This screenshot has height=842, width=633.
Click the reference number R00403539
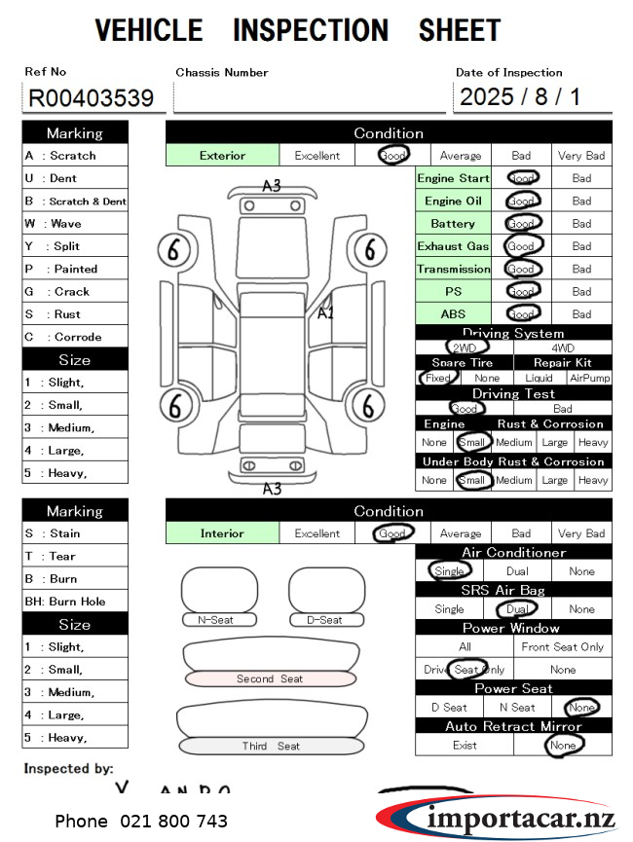pos(92,98)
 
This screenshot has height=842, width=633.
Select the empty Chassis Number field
pos(309,98)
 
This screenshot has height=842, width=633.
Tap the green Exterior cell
pos(223,156)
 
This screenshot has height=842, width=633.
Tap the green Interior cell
pos(222,533)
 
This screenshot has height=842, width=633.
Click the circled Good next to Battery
pos(521,224)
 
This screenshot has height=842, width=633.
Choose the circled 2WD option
pos(465,348)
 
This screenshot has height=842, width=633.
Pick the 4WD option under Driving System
pos(563,348)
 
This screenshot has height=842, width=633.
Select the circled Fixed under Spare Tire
pos(438,378)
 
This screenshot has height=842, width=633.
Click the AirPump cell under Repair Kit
pos(589,378)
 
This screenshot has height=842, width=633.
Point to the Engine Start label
pos(453,179)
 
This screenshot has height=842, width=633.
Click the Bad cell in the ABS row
pos(581,314)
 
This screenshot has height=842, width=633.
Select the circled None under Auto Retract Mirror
pos(563,745)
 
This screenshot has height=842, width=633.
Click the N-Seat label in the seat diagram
pos(216,620)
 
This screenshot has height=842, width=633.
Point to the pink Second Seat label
pos(269,678)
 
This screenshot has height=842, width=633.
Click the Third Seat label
pos(271,747)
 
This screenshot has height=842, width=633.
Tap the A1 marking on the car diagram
pos(326,312)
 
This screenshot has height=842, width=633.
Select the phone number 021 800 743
pos(141,822)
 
